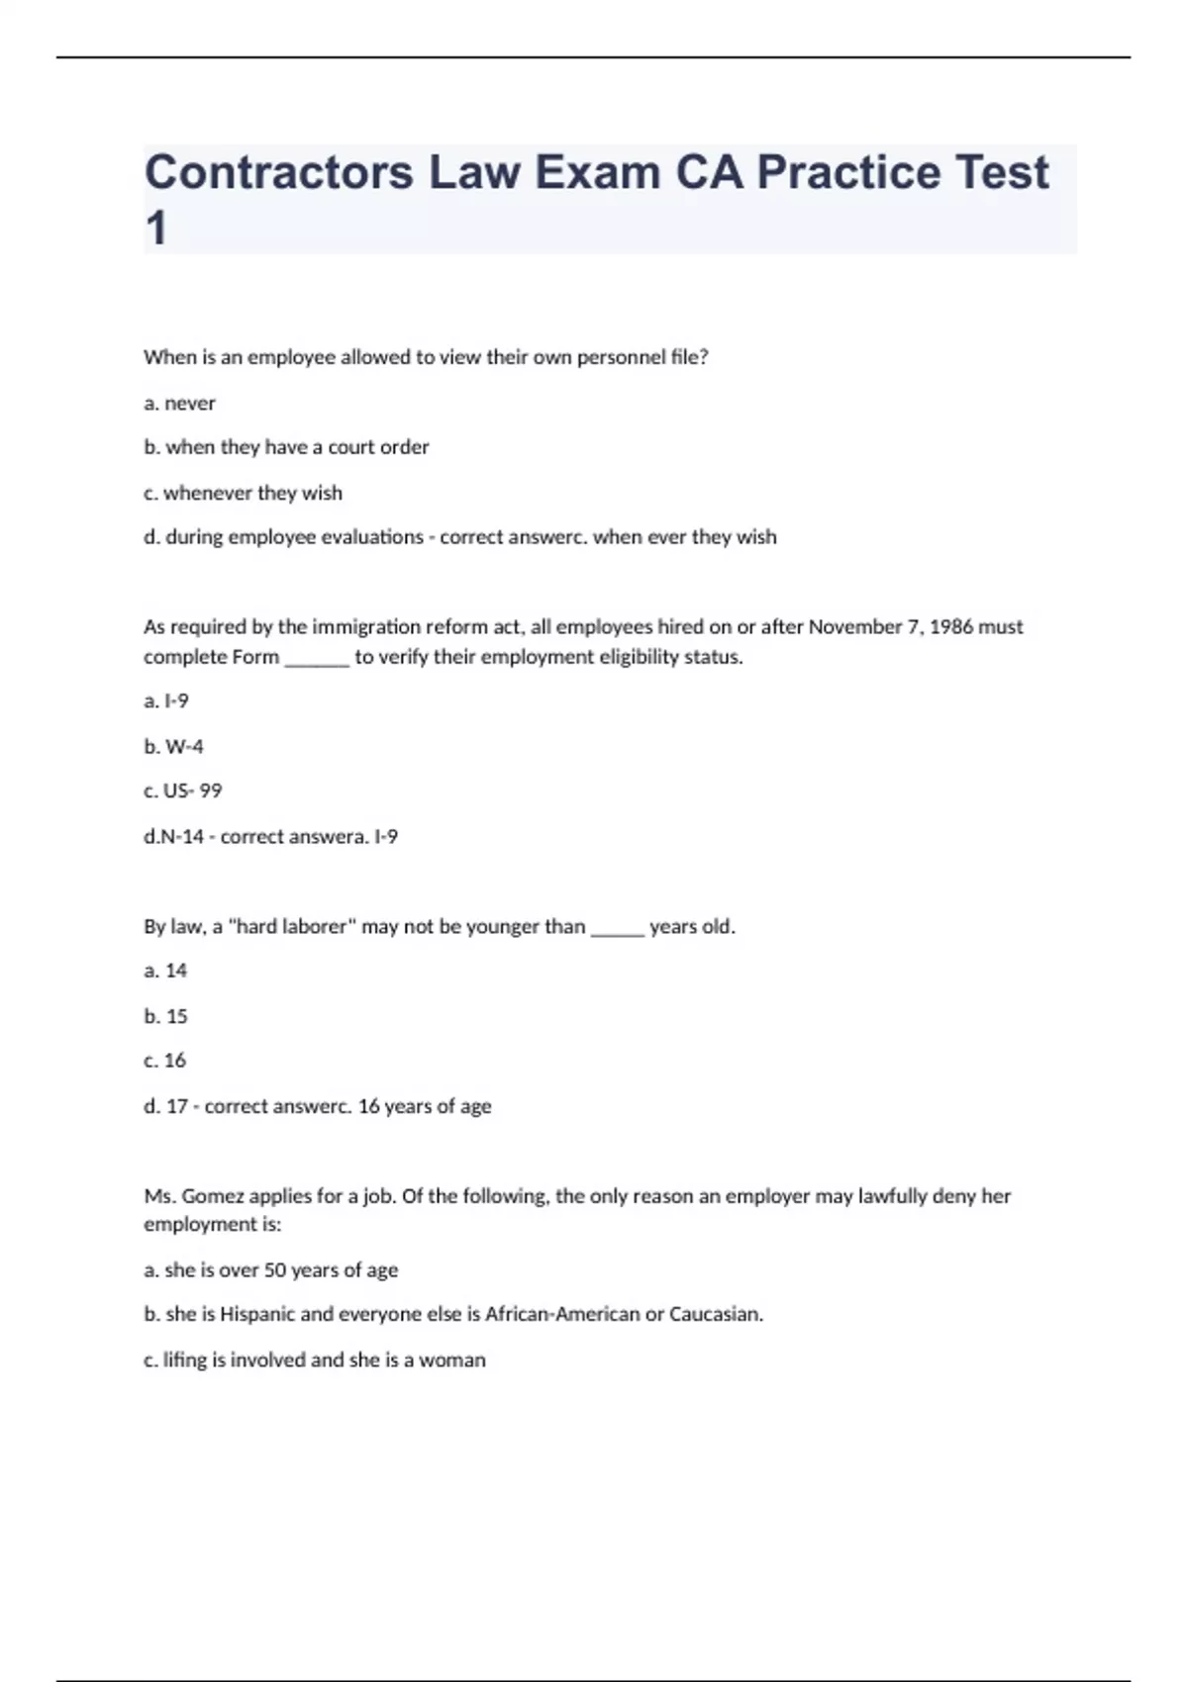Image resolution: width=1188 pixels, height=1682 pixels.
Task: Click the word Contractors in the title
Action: tap(278, 172)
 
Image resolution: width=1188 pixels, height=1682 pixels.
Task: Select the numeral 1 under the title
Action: tap(155, 229)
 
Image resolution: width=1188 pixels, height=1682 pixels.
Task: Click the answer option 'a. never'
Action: tap(179, 403)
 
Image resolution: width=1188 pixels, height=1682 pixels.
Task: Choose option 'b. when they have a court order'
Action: tap(286, 447)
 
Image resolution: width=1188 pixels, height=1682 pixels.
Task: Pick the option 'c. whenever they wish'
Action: tap(243, 493)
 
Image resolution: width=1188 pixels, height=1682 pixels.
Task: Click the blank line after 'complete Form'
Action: tap(317, 659)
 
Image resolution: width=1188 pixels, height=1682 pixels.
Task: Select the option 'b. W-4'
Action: tap(173, 746)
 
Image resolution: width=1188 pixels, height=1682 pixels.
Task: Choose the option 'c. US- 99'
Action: tap(182, 791)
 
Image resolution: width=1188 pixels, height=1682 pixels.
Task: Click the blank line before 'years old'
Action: tap(618, 929)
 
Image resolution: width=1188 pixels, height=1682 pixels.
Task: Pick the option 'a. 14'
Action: tap(165, 971)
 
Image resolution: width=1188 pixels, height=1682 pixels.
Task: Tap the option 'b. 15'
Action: tap(165, 1016)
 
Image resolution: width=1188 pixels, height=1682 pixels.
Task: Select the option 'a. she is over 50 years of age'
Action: tap(270, 1269)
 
